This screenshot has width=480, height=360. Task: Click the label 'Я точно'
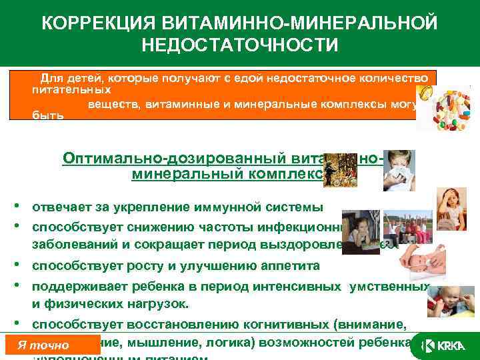(43, 345)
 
